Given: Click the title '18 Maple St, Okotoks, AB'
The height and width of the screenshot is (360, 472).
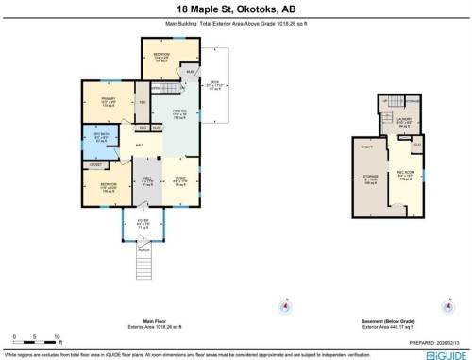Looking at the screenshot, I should pos(235,9).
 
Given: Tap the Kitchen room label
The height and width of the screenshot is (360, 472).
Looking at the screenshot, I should pos(180,114).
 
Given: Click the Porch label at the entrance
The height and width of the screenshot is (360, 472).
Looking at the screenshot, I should pos(144,250).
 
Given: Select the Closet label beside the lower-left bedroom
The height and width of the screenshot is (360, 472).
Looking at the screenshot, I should pos(95,164).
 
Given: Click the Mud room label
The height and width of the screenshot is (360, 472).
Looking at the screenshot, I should pos(190,72).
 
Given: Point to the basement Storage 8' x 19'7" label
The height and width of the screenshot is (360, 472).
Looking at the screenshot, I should pos(370,182).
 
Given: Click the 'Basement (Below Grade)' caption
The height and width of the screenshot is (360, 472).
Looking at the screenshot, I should pos(386,321).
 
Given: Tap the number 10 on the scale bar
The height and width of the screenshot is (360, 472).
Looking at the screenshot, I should pos(58,336).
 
